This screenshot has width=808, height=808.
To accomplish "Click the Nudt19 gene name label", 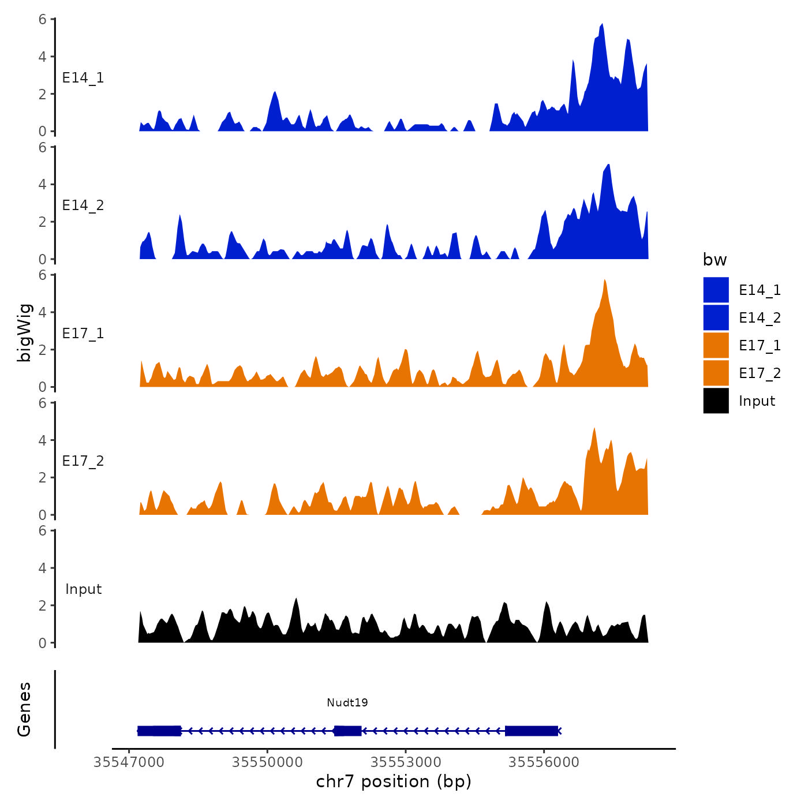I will pyautogui.click(x=347, y=702).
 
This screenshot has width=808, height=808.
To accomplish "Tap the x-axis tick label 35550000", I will pyautogui.click(x=267, y=762).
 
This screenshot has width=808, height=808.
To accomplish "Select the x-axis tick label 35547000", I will pyautogui.click(x=129, y=762).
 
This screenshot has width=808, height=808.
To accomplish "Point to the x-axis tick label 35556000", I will pyautogui.click(x=544, y=762).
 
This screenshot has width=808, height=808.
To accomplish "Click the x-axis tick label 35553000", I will pyautogui.click(x=406, y=762).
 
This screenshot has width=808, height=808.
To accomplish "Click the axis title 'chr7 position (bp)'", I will pyautogui.click(x=394, y=781).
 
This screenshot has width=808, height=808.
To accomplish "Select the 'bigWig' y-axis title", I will pyautogui.click(x=24, y=332).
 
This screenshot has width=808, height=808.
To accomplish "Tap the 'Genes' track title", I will pyautogui.click(x=24, y=709).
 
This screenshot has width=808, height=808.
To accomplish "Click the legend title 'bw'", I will pyautogui.click(x=715, y=260).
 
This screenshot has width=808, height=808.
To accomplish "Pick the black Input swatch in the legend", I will pyautogui.click(x=716, y=401).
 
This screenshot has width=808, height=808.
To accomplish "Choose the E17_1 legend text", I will pyautogui.click(x=760, y=345).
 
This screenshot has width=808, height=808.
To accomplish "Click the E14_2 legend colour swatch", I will pyautogui.click(x=716, y=317).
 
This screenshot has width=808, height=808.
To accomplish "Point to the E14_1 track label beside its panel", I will pyautogui.click(x=83, y=78).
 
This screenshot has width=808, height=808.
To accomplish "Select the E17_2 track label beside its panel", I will pyautogui.click(x=83, y=461).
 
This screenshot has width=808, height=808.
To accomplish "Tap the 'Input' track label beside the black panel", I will pyautogui.click(x=83, y=589).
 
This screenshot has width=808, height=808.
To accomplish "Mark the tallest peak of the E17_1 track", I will pyautogui.click(x=604, y=281).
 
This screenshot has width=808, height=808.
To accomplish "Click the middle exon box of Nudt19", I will pyautogui.click(x=347, y=731).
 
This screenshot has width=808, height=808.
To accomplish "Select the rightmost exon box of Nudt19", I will pyautogui.click(x=532, y=731).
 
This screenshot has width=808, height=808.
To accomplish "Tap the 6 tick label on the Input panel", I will pyautogui.click(x=43, y=530).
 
